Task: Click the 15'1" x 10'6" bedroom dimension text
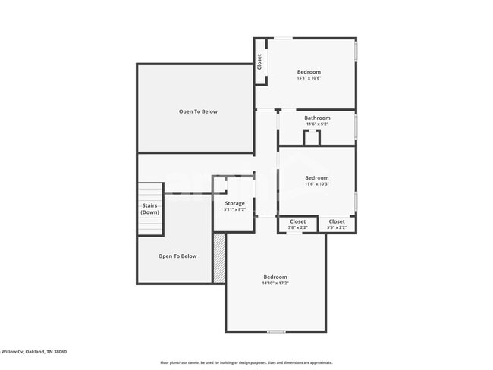point(309,78)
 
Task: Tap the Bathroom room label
point(317,118)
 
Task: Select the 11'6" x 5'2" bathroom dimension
point(317,124)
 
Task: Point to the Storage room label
point(234,203)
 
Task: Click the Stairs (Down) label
point(150,209)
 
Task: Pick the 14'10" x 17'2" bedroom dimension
point(275,283)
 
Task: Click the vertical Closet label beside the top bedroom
point(259,61)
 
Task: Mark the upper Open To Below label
point(198,111)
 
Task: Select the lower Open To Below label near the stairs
point(177,256)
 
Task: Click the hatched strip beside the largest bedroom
point(219,258)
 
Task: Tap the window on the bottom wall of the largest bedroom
point(276,331)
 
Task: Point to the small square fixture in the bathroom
point(312,137)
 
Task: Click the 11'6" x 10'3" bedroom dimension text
point(316,184)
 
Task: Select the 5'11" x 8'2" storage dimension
point(234,210)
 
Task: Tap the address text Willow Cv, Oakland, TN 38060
point(33,352)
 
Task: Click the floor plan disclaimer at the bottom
point(246,362)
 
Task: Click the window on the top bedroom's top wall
point(283,38)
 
